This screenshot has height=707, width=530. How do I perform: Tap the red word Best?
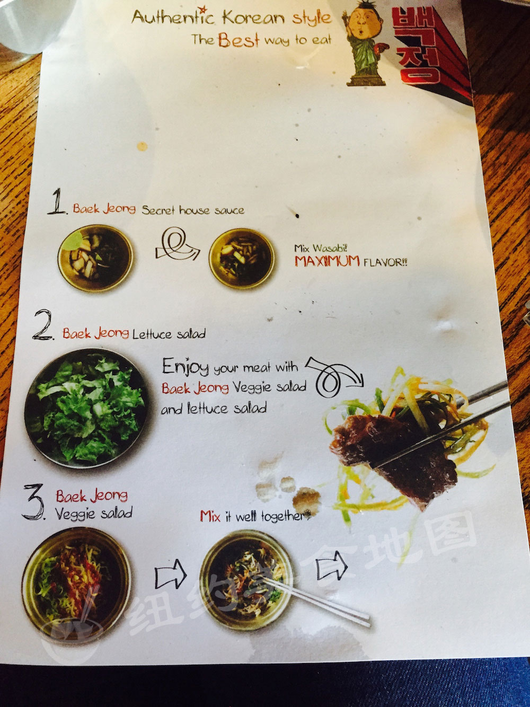(238, 40)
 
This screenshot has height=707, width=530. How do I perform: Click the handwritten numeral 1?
(57, 201)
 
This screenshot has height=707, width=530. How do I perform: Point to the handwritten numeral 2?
(42, 324)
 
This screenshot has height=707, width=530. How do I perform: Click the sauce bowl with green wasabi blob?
(95, 258)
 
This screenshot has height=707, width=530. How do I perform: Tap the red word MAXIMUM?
(327, 261)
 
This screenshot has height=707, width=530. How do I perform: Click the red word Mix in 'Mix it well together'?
(210, 516)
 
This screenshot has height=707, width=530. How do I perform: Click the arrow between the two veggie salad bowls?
(170, 575)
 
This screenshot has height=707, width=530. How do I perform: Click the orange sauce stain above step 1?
(142, 146)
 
